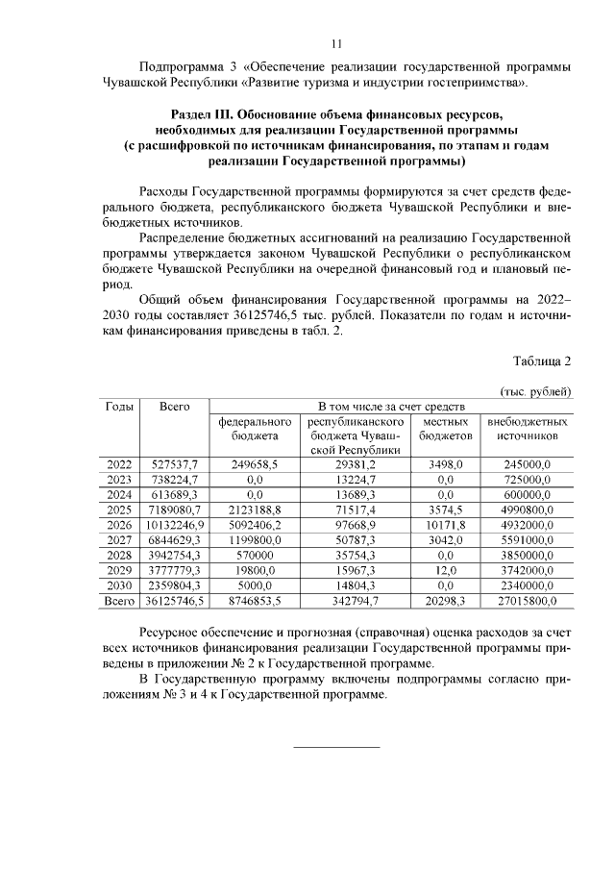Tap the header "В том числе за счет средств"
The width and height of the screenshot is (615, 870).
pos(391,407)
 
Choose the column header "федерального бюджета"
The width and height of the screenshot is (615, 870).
pos(255,429)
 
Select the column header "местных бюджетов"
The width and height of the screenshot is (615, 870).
pos(445,429)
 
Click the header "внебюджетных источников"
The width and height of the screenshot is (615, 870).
pos(528,429)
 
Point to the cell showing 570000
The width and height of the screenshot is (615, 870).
pos(255,556)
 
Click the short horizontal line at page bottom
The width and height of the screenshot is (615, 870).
pos(335,747)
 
